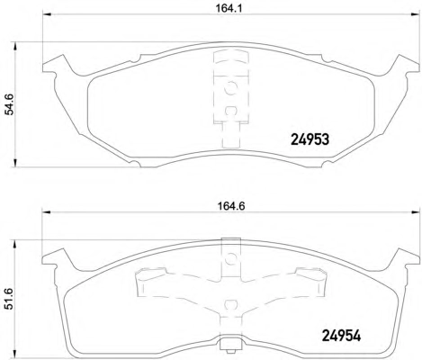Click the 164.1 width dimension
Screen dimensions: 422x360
coord(229,8)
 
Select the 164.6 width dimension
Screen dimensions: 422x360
coord(230,206)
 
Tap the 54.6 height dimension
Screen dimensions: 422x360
coord(9,104)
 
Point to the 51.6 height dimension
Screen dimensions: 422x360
coord(9,299)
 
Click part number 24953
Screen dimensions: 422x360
coord(310,139)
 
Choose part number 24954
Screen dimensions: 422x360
coord(341,336)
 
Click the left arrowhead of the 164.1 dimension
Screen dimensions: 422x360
coord(47,14)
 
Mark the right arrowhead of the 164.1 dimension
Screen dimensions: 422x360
coord(415,14)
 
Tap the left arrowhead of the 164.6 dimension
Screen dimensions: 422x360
coord(46,212)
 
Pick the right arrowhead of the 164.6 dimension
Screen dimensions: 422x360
coord(416,212)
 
